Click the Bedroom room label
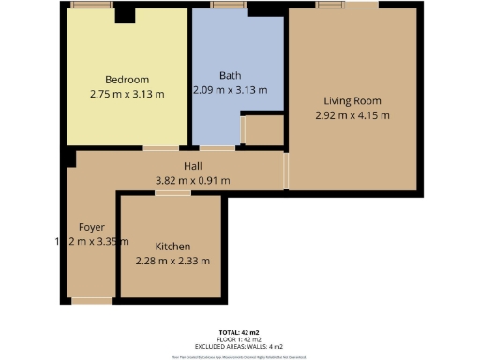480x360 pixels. pos(127,80)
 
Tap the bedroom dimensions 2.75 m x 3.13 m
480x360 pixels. pos(127,94)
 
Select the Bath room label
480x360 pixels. pos(231,75)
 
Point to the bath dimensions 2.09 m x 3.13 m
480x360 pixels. pos(231,90)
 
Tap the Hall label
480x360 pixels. pos(192,165)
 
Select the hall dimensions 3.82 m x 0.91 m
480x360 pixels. pos(192,180)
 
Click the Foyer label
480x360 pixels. pos(91,227)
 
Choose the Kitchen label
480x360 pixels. pos(172,246)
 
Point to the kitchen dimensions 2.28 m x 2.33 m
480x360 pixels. pos(172,261)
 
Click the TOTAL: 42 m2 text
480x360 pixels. pos(240,333)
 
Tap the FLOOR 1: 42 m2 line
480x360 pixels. pos(240,339)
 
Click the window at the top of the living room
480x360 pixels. pos(334,6)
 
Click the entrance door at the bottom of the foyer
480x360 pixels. pos(91,301)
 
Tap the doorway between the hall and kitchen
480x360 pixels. pos(170,192)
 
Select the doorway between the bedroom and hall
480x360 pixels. pos(160,148)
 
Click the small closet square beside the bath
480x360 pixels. pos(263,129)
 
